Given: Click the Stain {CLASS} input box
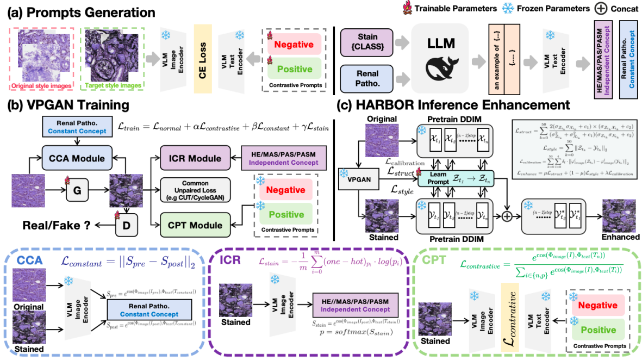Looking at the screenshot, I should (367, 40).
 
